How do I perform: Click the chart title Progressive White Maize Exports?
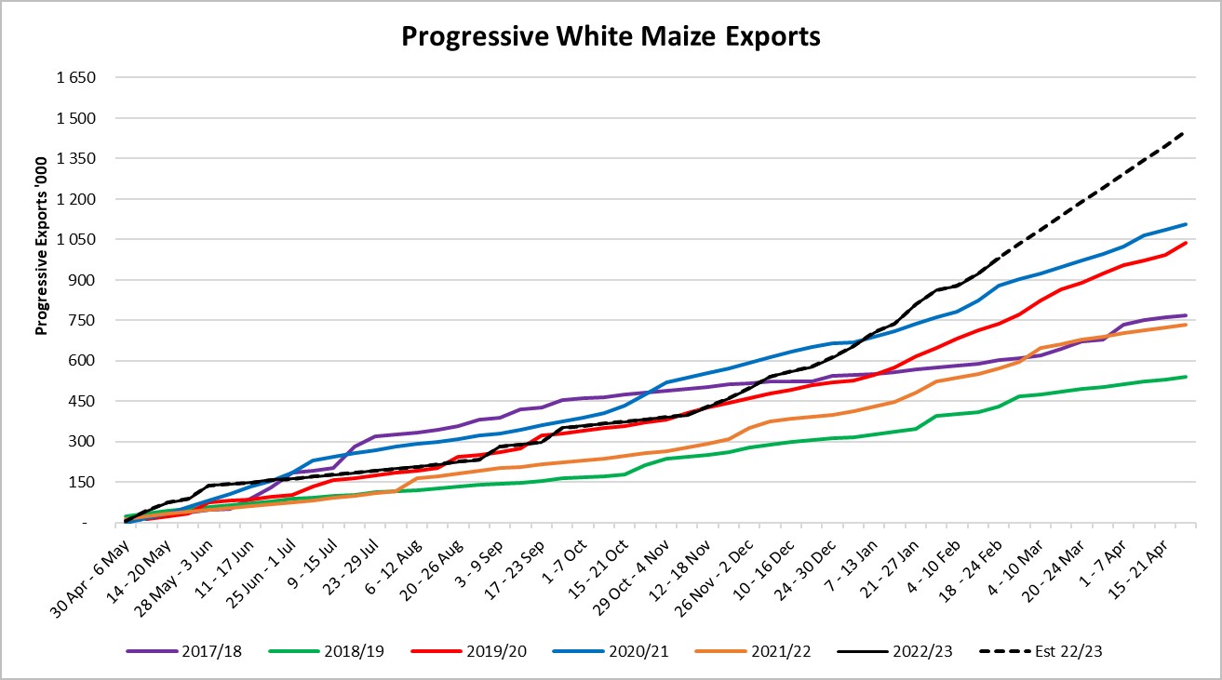point(611,36)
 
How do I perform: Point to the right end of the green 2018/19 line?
point(1185,377)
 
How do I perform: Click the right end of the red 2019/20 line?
point(1185,243)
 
